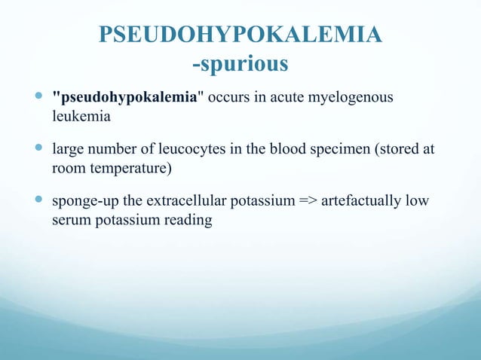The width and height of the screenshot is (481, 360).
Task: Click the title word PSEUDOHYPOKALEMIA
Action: [240, 36]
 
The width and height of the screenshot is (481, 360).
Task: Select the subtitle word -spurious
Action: [240, 65]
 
